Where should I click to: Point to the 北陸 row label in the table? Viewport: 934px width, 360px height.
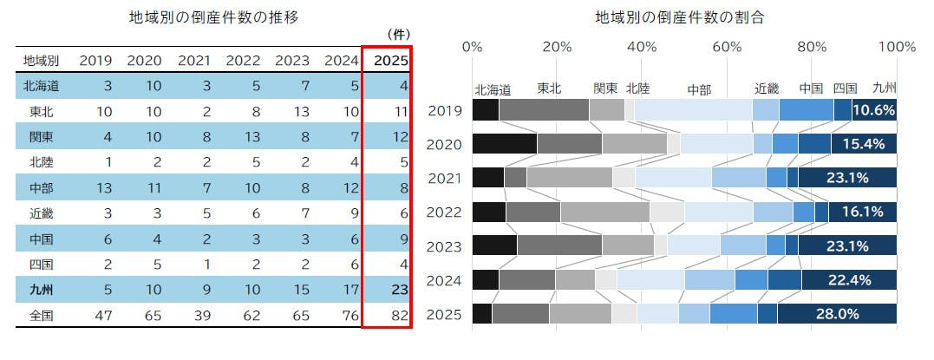pyautogui.click(x=40, y=162)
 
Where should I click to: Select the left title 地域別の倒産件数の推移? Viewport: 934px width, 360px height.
pyautogui.click(x=207, y=16)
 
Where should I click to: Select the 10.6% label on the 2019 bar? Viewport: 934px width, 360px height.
pyautogui.click(x=874, y=110)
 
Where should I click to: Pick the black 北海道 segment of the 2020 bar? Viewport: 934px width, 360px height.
pyautogui.click(x=504, y=144)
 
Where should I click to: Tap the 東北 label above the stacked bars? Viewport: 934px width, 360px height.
pyautogui.click(x=550, y=88)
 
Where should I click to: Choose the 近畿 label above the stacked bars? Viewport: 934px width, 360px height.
pyautogui.click(x=767, y=88)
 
